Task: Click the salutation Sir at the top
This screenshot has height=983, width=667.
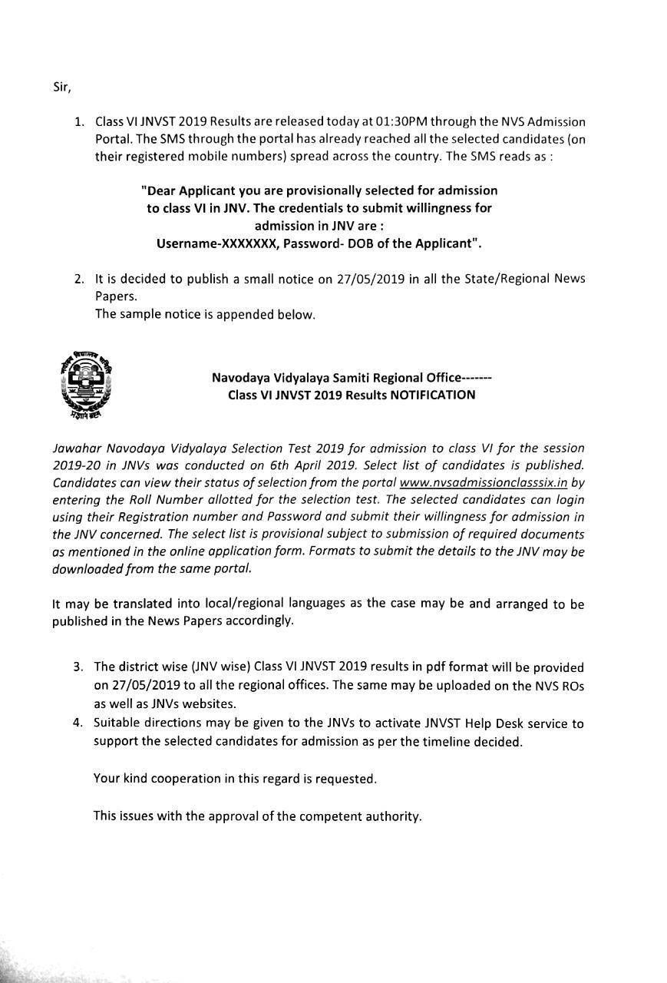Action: (x=61, y=87)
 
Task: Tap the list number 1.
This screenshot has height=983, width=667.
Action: (x=78, y=122)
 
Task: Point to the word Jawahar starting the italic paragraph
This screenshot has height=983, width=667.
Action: (x=77, y=448)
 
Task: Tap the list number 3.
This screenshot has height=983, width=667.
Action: (x=78, y=667)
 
